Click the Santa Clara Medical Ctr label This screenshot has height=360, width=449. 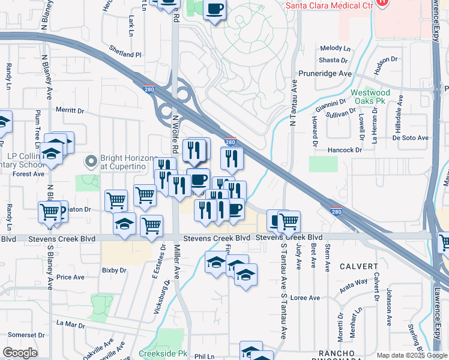pyautogui.click(x=328, y=4)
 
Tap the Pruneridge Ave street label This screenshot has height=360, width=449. pyautogui.click(x=325, y=73)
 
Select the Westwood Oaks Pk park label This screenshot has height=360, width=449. pyautogui.click(x=370, y=97)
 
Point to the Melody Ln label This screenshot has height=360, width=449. pyautogui.click(x=334, y=48)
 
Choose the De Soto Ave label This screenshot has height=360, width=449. pyautogui.click(x=411, y=137)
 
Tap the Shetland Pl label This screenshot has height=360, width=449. pyautogui.click(x=125, y=54)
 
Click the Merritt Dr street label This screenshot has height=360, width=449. pyautogui.click(x=70, y=110)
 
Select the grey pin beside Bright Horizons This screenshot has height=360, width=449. pyautogui.click(x=91, y=161)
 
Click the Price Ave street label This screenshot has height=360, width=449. pyautogui.click(x=70, y=277)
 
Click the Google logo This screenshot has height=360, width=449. pyautogui.click(x=20, y=352)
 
